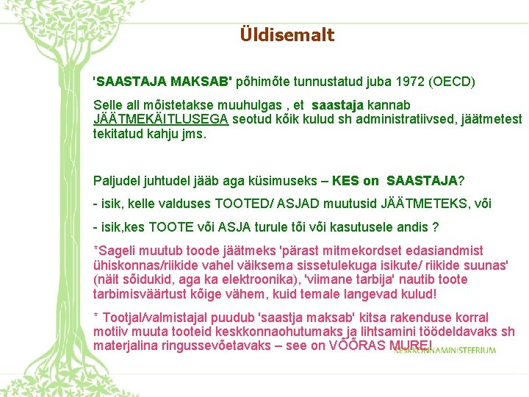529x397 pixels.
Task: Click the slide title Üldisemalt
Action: [287, 35]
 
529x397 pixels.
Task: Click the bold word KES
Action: [346, 181]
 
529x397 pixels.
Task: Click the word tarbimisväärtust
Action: [140, 294]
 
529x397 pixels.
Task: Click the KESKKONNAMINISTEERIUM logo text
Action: [445, 351]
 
